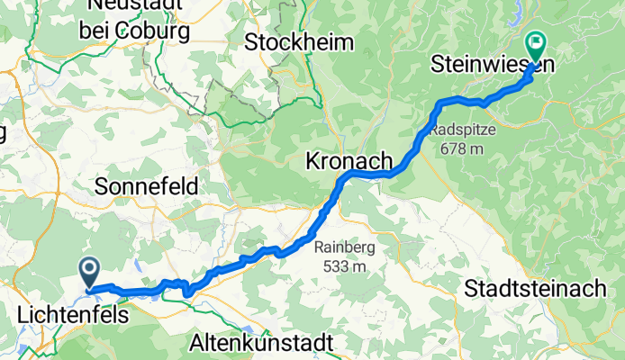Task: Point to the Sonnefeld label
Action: (148, 186)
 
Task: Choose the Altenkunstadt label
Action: (262, 343)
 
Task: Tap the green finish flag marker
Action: (537, 42)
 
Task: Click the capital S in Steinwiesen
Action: (439, 66)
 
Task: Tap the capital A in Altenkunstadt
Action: (198, 343)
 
